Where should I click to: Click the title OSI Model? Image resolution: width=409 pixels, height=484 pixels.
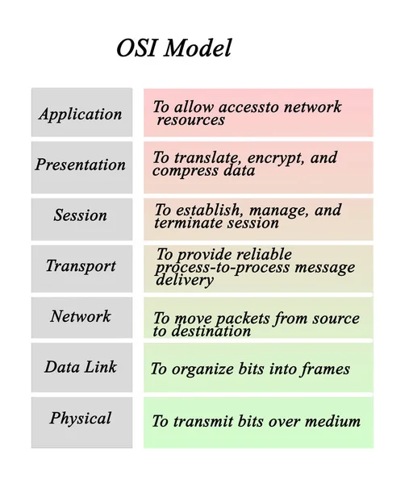point(173,48)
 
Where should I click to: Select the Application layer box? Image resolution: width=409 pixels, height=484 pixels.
point(81,114)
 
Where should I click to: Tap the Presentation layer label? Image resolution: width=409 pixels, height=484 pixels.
point(81,165)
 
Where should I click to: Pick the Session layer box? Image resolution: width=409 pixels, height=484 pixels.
point(81,216)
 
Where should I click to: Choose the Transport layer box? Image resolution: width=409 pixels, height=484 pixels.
point(81,266)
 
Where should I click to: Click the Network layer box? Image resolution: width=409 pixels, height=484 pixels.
point(81,317)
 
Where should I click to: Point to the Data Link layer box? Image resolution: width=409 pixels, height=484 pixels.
point(81,367)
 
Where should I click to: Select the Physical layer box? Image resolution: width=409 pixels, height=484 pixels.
point(81,419)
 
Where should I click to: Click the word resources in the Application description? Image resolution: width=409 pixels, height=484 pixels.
point(190,120)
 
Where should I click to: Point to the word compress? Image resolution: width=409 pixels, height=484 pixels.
point(182,171)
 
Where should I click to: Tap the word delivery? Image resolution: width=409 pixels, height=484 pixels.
point(185,281)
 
